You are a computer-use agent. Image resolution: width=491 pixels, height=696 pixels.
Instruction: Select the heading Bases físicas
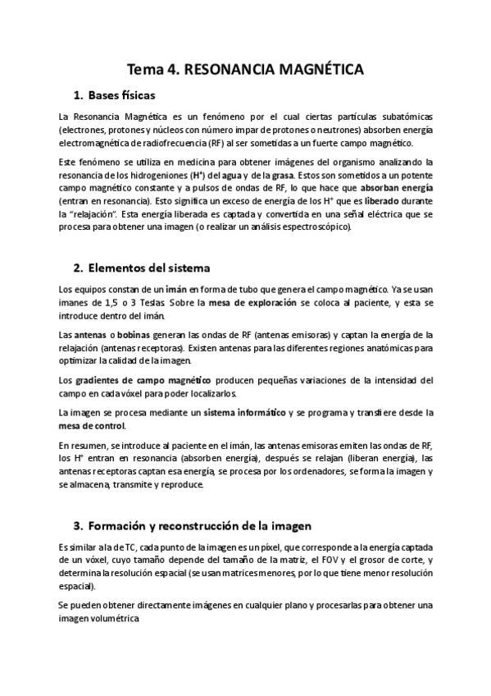click(x=121, y=96)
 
